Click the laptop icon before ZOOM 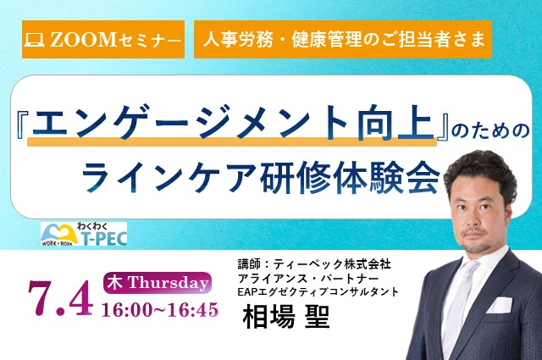(x=34, y=40)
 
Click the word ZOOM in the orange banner (x=83, y=40)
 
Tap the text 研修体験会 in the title (x=351, y=176)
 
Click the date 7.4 (x=60, y=298)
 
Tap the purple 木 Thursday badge (x=158, y=283)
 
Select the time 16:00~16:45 (x=160, y=309)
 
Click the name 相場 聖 (x=286, y=317)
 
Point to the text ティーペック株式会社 (x=332, y=264)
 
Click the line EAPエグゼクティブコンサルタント (x=318, y=292)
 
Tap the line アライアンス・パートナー (x=308, y=279)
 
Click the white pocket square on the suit (x=500, y=305)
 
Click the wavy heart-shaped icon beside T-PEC (x=58, y=234)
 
